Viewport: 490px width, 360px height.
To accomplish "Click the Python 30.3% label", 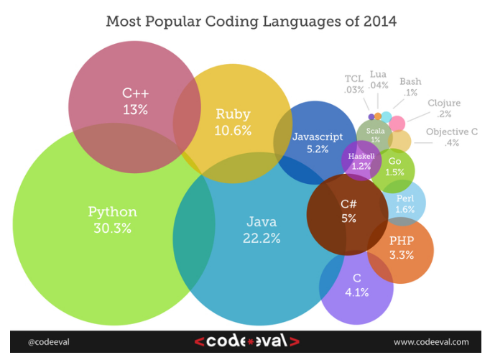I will click(112, 220).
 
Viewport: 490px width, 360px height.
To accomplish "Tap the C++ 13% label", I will click(134, 101).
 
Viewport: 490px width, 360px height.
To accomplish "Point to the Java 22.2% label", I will click(262, 229).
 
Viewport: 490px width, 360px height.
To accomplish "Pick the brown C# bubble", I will click(348, 211).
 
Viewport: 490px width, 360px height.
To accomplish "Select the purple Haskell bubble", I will click(361, 161).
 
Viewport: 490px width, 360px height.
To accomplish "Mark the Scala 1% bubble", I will click(374, 134).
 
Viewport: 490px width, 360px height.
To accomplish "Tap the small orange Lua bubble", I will click(378, 115).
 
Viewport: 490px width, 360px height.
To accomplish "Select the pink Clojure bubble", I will click(397, 124).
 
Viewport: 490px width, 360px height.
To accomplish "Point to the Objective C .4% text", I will click(451, 137).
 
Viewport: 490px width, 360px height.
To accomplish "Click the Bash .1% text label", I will click(410, 87).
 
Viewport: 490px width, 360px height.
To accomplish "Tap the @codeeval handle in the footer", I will click(49, 342).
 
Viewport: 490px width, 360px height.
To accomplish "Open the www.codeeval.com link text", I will click(431, 342).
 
